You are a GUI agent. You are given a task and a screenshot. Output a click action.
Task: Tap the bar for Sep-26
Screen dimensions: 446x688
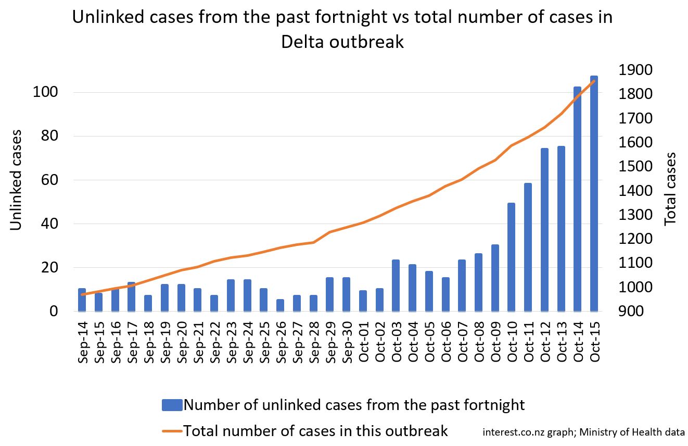pyautogui.click(x=280, y=305)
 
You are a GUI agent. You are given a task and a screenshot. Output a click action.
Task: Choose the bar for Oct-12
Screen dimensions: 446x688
pyautogui.click(x=544, y=230)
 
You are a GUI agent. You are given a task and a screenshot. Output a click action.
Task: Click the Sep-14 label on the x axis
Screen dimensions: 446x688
pyautogui.click(x=82, y=339)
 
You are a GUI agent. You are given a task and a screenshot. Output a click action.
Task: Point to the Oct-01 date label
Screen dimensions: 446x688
pyautogui.click(x=363, y=339)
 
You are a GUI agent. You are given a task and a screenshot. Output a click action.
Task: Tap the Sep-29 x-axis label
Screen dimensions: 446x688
pyautogui.click(x=329, y=339)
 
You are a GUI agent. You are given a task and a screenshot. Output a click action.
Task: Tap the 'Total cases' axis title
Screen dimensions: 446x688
pyautogui.click(x=671, y=189)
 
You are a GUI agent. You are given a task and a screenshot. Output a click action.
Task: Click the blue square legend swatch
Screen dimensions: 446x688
pyautogui.click(x=172, y=405)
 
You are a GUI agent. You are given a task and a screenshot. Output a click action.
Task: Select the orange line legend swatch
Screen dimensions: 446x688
pyautogui.click(x=172, y=431)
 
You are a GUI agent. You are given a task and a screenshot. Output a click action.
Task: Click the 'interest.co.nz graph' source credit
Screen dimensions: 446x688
pyautogui.click(x=524, y=432)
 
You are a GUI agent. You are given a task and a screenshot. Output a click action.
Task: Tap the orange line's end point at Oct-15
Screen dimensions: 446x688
pyautogui.click(x=594, y=81)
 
